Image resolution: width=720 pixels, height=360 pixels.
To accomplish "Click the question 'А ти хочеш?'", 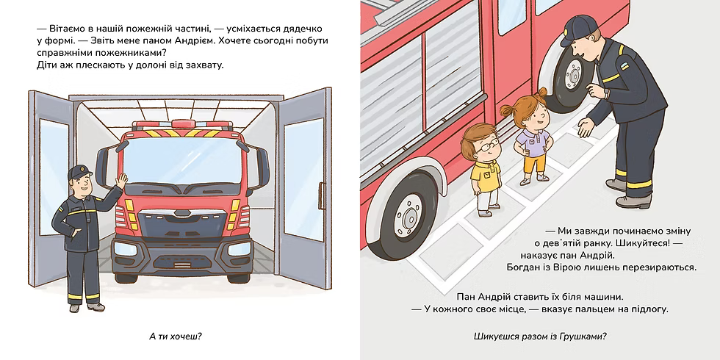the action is (176, 337).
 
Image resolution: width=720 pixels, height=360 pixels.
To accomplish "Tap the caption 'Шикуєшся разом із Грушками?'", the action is (540, 337).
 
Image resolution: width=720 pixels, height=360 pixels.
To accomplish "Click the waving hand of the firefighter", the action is (121, 181).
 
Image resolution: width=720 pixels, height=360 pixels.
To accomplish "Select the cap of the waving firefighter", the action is (79, 172).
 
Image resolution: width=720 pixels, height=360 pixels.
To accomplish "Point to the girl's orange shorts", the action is (536, 163).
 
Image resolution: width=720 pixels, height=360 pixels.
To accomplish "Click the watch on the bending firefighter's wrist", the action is (607, 93).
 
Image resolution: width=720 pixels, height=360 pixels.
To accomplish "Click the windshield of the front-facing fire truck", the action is (183, 160).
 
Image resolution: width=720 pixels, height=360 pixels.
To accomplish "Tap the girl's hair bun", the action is (543, 93).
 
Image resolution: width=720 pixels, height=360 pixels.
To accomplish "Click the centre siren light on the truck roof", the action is (183, 123).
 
